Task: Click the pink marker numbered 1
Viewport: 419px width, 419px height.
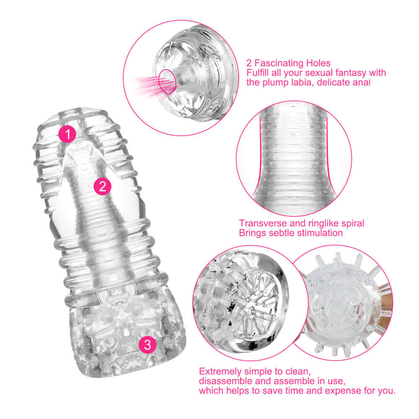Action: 67,134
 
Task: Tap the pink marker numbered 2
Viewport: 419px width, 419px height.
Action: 102,186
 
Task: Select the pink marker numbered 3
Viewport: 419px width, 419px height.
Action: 147,344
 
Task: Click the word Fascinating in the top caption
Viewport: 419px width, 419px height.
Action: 279,63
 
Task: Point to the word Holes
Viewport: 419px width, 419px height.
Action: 318,63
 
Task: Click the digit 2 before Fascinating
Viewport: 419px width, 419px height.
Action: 249,63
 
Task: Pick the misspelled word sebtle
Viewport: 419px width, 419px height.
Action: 282,233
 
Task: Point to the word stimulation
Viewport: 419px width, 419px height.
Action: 320,233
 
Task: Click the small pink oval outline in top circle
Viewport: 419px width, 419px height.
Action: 167,81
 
